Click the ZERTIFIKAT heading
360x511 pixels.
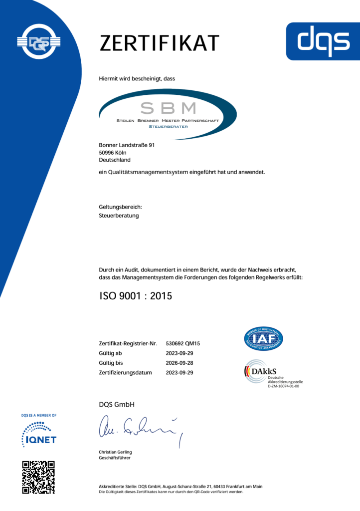(159, 43)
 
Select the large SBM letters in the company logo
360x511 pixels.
(168, 107)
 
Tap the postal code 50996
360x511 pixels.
(107, 153)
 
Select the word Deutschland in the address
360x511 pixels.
(115, 160)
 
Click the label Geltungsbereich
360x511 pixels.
(121, 207)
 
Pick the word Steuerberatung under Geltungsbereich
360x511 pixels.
(119, 216)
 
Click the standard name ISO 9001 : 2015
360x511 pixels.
(136, 296)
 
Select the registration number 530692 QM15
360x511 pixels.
(182, 343)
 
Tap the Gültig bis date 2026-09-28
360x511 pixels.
(179, 362)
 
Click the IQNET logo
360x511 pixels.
(39, 434)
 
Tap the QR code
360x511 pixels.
(38, 478)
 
